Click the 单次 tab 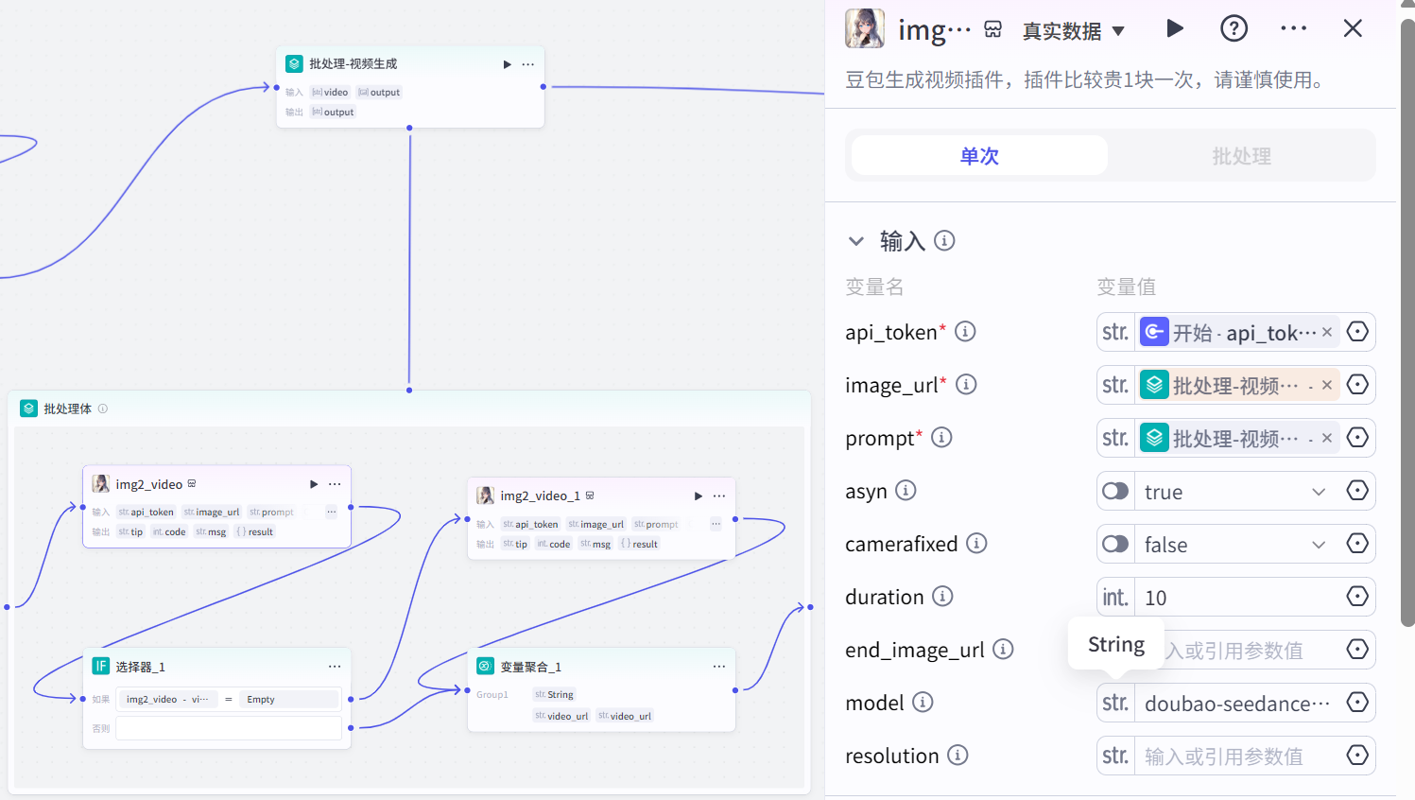point(979,156)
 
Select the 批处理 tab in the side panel point(1241,156)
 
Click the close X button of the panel point(1353,29)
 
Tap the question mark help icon point(1234,29)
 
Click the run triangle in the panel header point(1175,28)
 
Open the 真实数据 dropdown point(1074,31)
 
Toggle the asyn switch point(1115,492)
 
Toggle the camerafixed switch point(1115,545)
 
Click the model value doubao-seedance point(1236,704)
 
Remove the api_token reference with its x point(1327,332)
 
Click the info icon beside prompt point(941,438)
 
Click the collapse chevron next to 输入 point(856,241)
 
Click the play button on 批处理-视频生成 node point(508,64)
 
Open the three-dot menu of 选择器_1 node point(335,667)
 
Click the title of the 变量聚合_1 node point(530,667)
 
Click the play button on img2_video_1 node point(699,496)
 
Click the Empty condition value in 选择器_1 point(261,700)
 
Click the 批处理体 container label point(67,409)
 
